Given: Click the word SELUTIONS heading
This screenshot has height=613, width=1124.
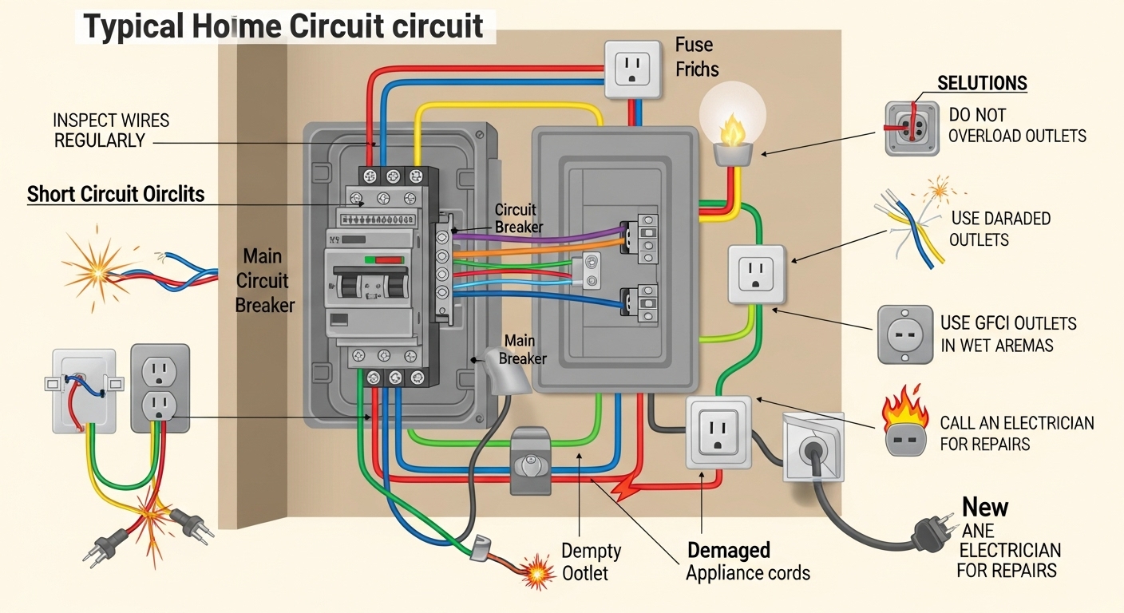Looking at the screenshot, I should click(x=982, y=84).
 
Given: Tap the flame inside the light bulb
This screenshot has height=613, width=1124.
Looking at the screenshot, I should click(x=730, y=129).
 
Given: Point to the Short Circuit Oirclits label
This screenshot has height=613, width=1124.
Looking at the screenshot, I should click(x=116, y=194).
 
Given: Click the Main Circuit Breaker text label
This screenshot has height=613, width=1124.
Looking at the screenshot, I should click(x=264, y=280).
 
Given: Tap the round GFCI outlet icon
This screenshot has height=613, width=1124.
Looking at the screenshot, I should click(x=904, y=334).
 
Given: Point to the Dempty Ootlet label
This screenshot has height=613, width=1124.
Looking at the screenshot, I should click(x=591, y=561).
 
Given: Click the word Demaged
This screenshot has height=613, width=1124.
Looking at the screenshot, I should click(x=728, y=550).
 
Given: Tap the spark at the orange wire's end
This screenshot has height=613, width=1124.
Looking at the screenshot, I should click(x=536, y=571).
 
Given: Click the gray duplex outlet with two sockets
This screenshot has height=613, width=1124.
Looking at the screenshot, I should click(x=160, y=389).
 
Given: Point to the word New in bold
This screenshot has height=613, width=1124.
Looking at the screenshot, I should click(x=985, y=507).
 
